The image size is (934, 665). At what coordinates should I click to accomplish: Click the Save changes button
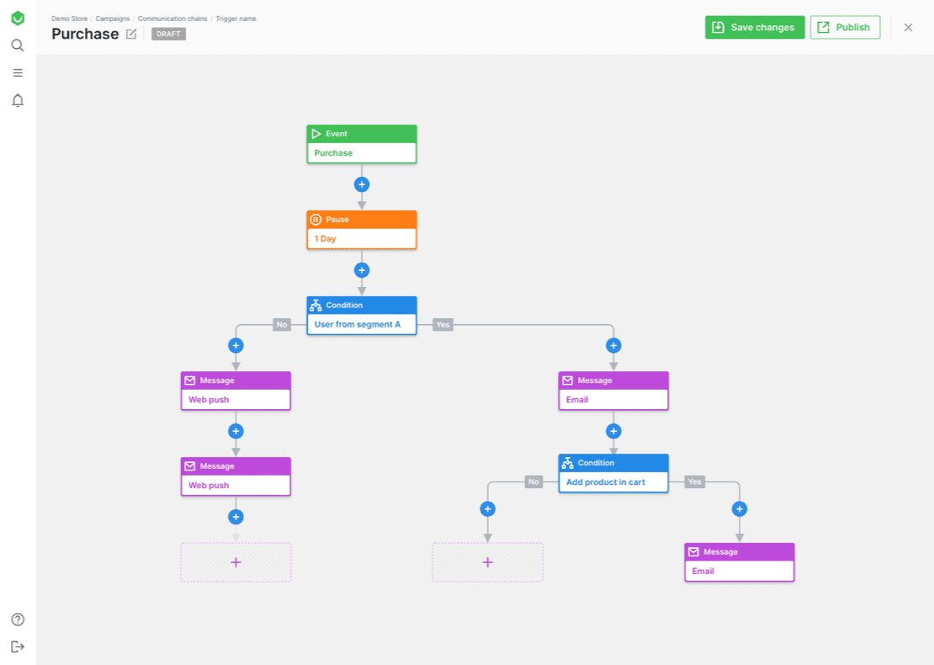(755, 28)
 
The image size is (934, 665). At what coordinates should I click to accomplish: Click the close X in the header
(908, 28)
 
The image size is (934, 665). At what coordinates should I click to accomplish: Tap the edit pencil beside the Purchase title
(131, 34)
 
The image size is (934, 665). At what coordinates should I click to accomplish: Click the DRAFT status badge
(168, 34)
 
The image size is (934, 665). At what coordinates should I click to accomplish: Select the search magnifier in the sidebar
(18, 45)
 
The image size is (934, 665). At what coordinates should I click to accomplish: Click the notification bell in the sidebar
(18, 100)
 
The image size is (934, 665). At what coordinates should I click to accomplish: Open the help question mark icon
(18, 620)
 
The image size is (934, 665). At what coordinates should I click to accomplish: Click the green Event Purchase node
(362, 144)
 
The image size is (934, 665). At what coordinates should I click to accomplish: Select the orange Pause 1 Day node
(362, 230)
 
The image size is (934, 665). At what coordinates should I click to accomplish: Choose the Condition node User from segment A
(362, 315)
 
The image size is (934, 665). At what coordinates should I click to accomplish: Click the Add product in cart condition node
(613, 473)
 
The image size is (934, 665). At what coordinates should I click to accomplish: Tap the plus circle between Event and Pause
(362, 184)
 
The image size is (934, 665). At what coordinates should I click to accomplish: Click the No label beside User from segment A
(282, 325)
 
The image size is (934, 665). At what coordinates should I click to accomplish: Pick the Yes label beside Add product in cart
(694, 482)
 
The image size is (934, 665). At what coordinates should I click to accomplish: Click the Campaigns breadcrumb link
(113, 19)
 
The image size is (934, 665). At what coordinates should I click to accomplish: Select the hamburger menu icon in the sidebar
(18, 72)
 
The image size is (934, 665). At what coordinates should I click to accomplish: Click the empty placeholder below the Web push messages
(236, 562)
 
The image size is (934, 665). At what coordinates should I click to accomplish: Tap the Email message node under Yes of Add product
(740, 562)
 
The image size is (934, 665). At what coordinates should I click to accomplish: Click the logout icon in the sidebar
(18, 646)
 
